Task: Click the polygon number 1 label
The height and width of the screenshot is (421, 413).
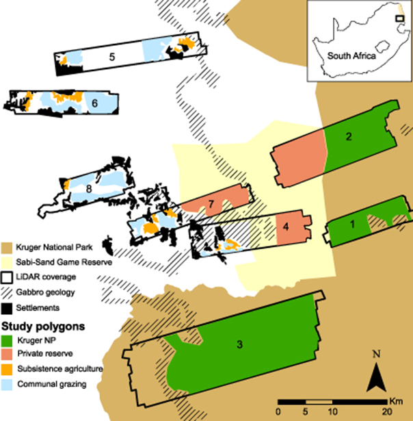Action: pos(353,223)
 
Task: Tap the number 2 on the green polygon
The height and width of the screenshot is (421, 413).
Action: pos(349,137)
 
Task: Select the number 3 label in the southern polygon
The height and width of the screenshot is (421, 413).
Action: pos(239,344)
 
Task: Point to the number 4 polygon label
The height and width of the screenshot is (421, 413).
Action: pos(287,226)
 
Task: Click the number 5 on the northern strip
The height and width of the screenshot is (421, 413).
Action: pos(112,57)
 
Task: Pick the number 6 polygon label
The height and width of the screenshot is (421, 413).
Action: pos(94,103)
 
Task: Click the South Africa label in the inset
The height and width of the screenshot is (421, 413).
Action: pos(351,57)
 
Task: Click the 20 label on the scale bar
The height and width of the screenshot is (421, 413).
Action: pos(387,410)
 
